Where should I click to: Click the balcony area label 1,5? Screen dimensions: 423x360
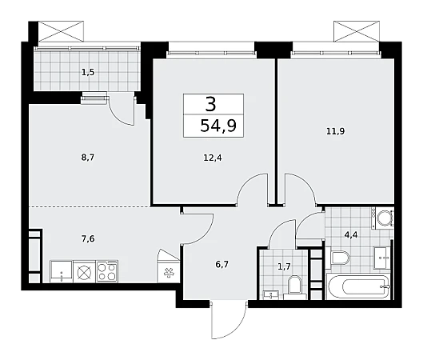88,73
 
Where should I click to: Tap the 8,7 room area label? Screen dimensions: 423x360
88,158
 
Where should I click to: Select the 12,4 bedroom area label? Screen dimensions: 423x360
213,158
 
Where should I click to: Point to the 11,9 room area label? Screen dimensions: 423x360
335,131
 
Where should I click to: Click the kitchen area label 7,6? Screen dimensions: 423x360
88,239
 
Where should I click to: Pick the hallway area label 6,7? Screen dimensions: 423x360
222,265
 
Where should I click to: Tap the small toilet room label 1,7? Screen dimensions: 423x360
284,267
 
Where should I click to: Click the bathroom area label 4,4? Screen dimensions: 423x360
351,235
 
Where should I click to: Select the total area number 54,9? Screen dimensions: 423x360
218,126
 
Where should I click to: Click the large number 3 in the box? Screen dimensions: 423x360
210,105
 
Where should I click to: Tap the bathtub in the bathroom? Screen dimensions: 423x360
358,286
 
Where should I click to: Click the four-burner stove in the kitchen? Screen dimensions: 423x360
107,271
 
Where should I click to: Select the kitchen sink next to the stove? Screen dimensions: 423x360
62,272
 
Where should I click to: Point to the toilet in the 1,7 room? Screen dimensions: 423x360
295,286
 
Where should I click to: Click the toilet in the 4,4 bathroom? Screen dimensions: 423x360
338,258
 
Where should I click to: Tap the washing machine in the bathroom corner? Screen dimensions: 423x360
383,218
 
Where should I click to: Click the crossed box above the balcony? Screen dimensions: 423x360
61,31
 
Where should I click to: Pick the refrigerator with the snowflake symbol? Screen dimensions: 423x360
169,266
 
